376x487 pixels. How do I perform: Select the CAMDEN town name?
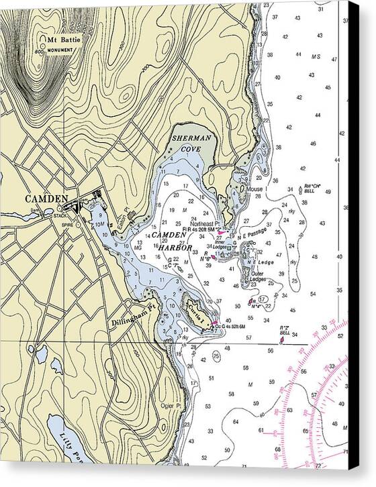(x=47, y=199)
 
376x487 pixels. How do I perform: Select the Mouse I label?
(x=256, y=190)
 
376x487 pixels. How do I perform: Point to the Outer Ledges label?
(x=258, y=276)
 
